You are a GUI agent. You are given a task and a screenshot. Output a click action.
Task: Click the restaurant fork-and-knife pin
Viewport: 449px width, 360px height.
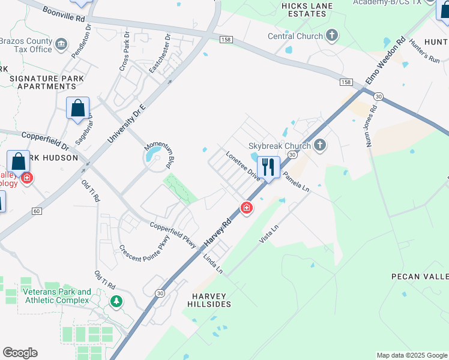tap(268, 166)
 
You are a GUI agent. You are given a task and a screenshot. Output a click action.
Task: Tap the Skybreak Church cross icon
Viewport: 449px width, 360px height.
tap(320, 145)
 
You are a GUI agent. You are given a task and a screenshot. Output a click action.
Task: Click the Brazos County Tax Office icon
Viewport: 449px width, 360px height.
tap(61, 43)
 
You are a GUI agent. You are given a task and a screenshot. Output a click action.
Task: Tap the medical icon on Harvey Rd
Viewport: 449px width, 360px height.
tap(246, 208)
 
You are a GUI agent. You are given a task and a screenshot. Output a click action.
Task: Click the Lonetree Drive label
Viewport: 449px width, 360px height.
tap(243, 166)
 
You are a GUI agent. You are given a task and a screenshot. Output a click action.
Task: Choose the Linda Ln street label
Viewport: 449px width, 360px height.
tap(212, 263)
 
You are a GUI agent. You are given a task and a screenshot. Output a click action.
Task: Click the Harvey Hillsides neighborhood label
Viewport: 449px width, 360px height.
tap(211, 300)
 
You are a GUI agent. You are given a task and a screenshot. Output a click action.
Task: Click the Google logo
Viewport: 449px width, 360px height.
tap(20, 353)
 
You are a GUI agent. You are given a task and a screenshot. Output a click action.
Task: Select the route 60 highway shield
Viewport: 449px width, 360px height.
tap(37, 211)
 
